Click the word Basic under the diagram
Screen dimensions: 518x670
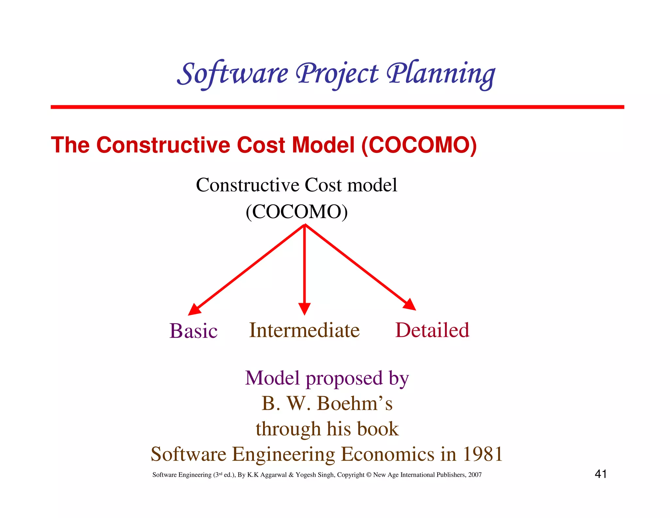click(193, 331)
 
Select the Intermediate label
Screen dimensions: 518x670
click(304, 330)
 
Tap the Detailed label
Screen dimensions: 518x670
click(432, 330)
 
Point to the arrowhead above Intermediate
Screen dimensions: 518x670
click(304, 309)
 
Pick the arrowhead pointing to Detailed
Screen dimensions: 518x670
click(410, 305)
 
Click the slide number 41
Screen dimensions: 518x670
click(601, 474)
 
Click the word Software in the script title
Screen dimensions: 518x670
click(233, 74)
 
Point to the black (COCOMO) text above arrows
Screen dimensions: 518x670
click(297, 212)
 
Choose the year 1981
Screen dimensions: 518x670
click(483, 454)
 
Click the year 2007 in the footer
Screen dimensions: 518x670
click(475, 475)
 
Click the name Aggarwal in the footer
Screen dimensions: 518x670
click(273, 475)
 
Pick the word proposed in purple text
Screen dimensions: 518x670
click(344, 379)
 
